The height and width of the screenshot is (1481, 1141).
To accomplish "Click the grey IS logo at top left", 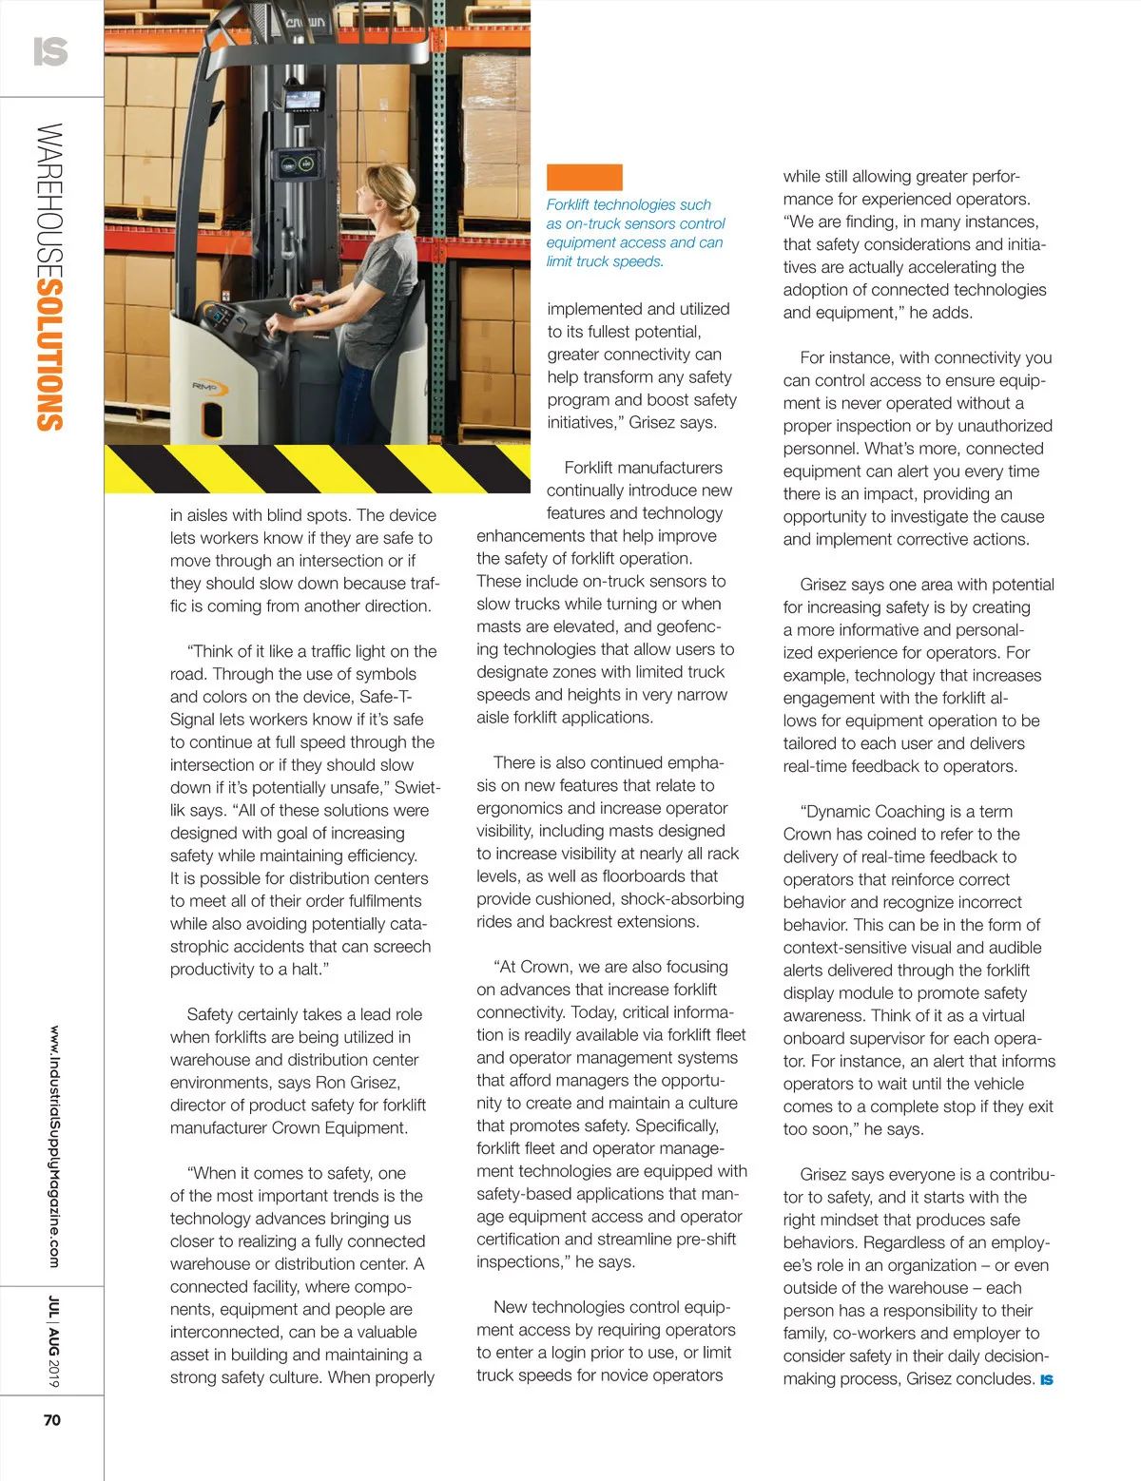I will [x=50, y=50].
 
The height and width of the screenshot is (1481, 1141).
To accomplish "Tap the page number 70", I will [x=51, y=1419].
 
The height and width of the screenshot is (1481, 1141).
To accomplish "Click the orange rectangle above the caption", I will [x=584, y=177].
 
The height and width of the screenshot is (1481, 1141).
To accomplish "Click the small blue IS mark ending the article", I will [x=1046, y=1379].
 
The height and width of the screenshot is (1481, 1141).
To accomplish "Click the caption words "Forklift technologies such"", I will [x=629, y=204].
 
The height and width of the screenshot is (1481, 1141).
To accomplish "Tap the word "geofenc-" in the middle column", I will [x=688, y=626].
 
